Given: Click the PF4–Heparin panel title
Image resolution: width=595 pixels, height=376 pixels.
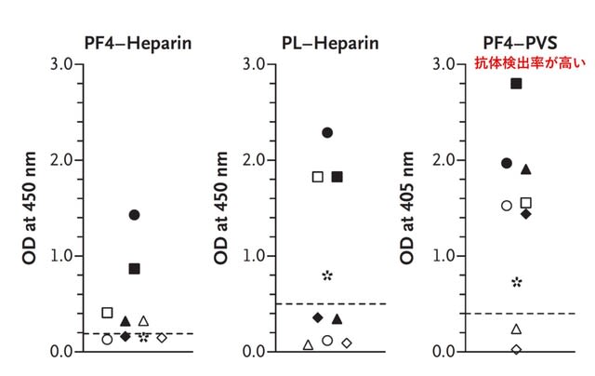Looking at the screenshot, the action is click(138, 44).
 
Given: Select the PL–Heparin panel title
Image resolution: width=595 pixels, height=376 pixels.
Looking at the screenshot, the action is click(330, 44).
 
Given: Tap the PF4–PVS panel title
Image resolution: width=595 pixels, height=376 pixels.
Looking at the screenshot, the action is click(520, 43).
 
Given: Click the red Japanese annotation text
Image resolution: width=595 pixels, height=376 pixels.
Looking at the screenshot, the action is click(530, 63).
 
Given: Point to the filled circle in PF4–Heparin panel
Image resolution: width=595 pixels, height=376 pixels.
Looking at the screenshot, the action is click(134, 215).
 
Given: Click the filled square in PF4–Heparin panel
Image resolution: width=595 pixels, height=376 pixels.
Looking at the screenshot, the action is click(134, 269).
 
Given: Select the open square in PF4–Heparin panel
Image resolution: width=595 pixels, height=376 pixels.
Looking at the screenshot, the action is click(108, 313).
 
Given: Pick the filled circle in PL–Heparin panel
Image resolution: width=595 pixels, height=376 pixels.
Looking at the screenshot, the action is click(327, 132).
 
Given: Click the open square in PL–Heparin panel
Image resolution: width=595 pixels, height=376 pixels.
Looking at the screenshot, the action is click(318, 177).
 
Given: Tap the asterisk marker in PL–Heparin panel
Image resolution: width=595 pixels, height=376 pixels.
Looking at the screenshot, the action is click(327, 275).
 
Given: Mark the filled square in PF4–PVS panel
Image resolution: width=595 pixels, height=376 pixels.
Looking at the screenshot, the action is click(516, 84).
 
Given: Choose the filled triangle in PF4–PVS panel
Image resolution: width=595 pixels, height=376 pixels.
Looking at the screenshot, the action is click(526, 169).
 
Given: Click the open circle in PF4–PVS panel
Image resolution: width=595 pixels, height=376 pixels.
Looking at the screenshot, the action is click(507, 206).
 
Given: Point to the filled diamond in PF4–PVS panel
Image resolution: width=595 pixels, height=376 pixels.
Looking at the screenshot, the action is click(526, 214).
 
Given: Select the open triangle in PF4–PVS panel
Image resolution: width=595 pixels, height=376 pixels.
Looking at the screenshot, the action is click(516, 329).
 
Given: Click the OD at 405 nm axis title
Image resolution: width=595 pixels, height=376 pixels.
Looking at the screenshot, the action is click(407, 208).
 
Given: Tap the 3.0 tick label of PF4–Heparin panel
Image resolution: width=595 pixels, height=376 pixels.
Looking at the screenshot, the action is click(62, 64).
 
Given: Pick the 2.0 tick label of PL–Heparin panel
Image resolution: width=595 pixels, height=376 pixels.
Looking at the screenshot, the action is click(254, 160).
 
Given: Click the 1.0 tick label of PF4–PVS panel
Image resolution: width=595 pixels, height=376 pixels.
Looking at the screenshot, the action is click(444, 256).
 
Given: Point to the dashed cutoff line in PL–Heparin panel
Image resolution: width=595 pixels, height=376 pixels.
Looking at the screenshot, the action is click(331, 303).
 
